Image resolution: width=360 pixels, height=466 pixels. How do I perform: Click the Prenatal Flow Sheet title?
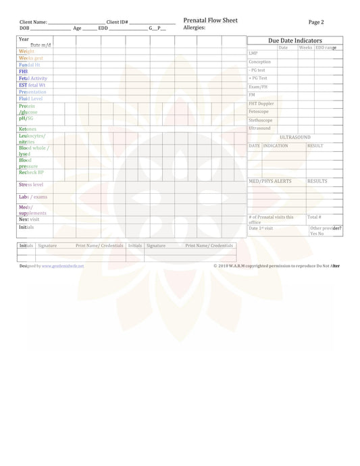(210, 20)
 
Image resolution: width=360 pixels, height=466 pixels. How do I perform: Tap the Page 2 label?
(316, 22)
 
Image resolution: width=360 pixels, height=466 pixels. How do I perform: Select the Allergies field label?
(195, 28)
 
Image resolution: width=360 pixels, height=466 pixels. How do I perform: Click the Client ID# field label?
(117, 22)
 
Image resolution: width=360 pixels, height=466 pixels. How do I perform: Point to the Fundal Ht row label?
(30, 65)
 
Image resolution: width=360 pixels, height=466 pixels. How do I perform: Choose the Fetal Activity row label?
(33, 78)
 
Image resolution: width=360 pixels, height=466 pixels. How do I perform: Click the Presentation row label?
(32, 92)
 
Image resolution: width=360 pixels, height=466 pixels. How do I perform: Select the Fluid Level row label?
(30, 99)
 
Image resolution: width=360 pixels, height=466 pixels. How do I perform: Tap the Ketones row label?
(28, 129)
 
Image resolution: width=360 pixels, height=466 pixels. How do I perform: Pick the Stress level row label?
(31, 184)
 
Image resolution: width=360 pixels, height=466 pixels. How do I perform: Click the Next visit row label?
(28, 219)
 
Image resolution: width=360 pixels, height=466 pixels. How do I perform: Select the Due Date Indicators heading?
(294, 41)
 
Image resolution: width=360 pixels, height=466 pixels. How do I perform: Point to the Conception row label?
(259, 62)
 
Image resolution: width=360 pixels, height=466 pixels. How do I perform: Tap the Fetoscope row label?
(259, 111)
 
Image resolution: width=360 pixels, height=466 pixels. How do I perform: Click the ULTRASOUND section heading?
(294, 137)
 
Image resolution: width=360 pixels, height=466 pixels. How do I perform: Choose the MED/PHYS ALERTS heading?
(270, 181)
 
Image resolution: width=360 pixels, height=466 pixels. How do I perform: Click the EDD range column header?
(326, 48)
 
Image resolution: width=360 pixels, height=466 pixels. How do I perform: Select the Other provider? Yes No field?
(326, 231)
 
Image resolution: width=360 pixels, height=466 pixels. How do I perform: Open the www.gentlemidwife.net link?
(63, 266)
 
